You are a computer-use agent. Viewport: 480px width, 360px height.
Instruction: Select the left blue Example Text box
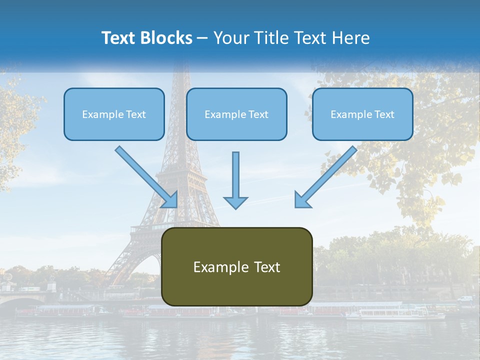[x=114, y=114]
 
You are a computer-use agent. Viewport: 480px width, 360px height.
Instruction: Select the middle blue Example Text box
[x=236, y=114]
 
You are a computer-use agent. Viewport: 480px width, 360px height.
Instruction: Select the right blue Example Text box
[x=362, y=114]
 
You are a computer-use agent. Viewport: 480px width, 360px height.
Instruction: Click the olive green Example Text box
[x=236, y=267]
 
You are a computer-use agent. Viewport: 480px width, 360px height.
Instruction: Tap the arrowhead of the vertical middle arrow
[x=235, y=202]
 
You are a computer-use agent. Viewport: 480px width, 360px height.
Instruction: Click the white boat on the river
[x=395, y=313]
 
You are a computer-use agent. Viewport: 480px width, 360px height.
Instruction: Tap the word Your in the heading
[x=229, y=38]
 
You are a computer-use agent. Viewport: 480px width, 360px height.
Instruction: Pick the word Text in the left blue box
[x=135, y=114]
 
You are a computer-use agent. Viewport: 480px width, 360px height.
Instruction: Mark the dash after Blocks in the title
[x=202, y=38]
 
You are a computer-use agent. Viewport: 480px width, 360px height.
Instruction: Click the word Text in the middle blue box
[x=258, y=114]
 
